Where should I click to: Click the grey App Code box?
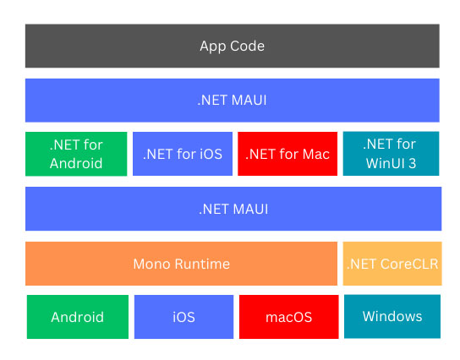tap(233, 46)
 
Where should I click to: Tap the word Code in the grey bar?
tap(247, 46)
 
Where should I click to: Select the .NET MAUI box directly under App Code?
tap(233, 101)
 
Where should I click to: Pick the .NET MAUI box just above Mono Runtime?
tap(233, 209)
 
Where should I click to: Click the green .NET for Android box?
tap(76, 154)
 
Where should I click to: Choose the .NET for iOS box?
tap(183, 154)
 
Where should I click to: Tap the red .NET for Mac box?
tap(287, 154)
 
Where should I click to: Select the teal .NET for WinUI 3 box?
tap(391, 154)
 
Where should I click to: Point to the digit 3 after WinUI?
tap(412, 163)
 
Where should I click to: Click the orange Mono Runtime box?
tap(181, 264)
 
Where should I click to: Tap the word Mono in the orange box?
tap(151, 264)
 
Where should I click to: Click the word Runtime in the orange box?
tap(202, 264)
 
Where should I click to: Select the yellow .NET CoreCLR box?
tap(392, 264)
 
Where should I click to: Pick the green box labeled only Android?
tap(78, 317)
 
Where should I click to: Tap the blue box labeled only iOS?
tap(184, 317)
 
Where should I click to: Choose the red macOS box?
tap(289, 317)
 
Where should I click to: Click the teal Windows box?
tap(392, 317)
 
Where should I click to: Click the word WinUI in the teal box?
tap(386, 163)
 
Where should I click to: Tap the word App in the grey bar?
tap(213, 46)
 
